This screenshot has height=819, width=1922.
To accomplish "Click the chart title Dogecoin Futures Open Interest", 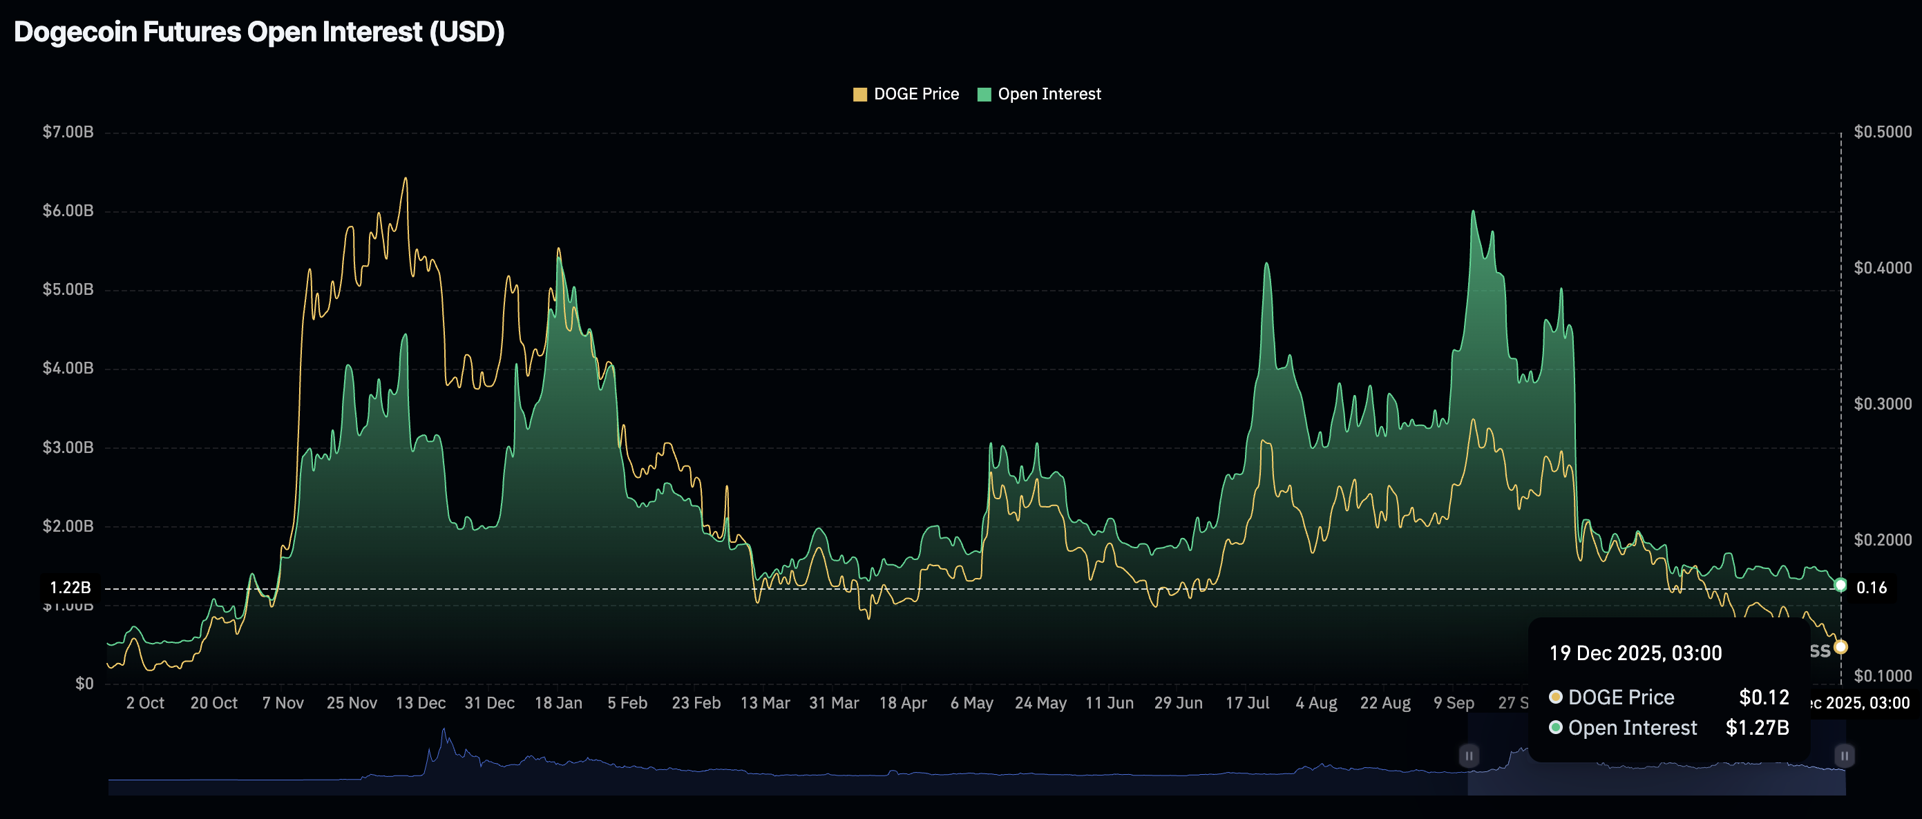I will pyautogui.click(x=259, y=32).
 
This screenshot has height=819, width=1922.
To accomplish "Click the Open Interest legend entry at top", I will pyautogui.click(x=1039, y=94).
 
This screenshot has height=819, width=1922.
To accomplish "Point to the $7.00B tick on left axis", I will pyautogui.click(x=68, y=132).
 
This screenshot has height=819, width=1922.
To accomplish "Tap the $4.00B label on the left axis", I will pyautogui.click(x=68, y=368).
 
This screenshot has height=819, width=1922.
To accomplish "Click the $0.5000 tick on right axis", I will pyautogui.click(x=1883, y=132).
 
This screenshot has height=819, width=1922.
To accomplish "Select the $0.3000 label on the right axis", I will pyautogui.click(x=1883, y=403).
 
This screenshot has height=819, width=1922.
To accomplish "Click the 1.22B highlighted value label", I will pyautogui.click(x=70, y=588).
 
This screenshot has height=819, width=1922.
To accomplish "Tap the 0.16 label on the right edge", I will pyautogui.click(x=1872, y=588).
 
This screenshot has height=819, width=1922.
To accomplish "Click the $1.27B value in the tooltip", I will pyautogui.click(x=1757, y=727).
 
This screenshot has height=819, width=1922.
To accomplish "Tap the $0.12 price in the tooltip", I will pyautogui.click(x=1764, y=697).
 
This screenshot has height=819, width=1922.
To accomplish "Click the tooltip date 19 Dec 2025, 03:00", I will pyautogui.click(x=1635, y=653).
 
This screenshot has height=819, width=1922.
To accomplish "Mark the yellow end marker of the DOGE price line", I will pyautogui.click(x=1840, y=646).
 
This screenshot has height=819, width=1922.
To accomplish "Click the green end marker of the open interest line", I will pyautogui.click(x=1840, y=585).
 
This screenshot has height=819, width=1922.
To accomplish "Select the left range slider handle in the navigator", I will pyautogui.click(x=1468, y=755).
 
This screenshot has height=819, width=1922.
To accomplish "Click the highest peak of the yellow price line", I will pyautogui.click(x=406, y=178).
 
